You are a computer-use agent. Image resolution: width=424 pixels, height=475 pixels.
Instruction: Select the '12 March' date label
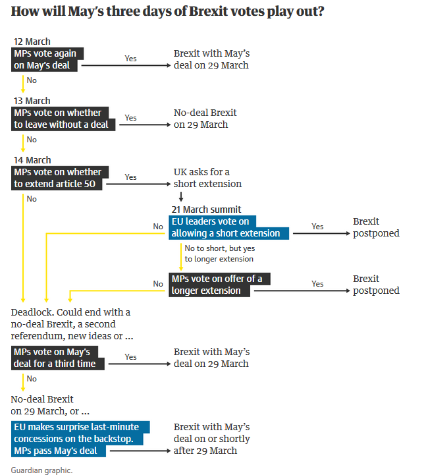pos(32,42)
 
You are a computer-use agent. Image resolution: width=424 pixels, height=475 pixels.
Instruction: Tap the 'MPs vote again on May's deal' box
pos(48,59)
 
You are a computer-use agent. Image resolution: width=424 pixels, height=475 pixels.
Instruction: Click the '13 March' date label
pos(32,101)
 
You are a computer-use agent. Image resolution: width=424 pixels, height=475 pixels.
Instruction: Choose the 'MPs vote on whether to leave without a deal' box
pos(64,119)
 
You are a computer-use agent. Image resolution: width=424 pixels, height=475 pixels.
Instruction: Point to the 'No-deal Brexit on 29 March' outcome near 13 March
pos(205,119)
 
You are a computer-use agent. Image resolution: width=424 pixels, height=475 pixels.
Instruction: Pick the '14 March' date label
pos(32,160)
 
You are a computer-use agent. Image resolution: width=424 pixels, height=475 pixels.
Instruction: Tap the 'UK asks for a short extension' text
pos(207,178)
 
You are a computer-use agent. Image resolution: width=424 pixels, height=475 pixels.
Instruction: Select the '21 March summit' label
pos(206,210)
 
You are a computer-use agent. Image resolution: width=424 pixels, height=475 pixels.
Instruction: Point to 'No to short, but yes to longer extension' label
pos(219,253)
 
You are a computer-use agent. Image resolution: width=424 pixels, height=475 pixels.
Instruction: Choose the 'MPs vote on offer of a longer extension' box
pos(219,285)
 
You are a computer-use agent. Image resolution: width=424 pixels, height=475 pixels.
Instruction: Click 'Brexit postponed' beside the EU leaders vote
pos(375,227)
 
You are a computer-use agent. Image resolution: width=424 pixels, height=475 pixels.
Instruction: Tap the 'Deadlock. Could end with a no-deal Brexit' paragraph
pos(71,323)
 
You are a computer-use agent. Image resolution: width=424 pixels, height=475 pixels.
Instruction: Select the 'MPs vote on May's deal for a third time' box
pos(58,358)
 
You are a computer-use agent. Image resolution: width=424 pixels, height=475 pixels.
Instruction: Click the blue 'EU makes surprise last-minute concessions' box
pos(80,439)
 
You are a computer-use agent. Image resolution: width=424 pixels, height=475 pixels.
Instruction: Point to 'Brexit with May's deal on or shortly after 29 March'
pos(212,439)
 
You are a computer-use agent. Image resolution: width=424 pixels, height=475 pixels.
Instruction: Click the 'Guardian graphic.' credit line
pos(41,470)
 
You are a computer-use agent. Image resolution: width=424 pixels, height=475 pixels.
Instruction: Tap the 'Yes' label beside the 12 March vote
pos(130,59)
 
